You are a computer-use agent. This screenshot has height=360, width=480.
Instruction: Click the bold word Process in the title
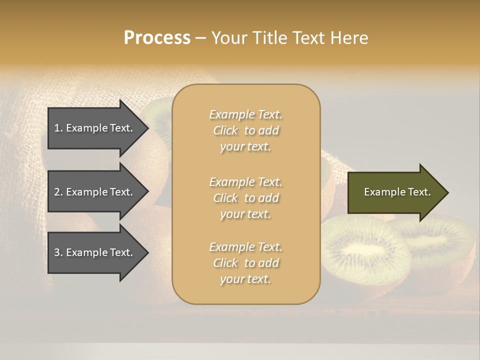(157, 37)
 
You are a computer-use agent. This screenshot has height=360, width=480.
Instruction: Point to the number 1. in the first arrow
(58, 128)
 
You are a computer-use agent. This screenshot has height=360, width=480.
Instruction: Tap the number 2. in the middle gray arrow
(58, 192)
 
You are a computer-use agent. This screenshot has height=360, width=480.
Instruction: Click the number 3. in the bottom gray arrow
(58, 252)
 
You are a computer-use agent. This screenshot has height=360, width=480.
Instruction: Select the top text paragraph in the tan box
(246, 130)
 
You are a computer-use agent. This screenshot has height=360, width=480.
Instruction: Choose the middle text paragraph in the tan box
(246, 198)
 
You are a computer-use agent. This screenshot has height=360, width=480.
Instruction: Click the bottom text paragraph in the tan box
(246, 263)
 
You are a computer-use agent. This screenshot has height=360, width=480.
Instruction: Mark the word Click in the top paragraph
(225, 130)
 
